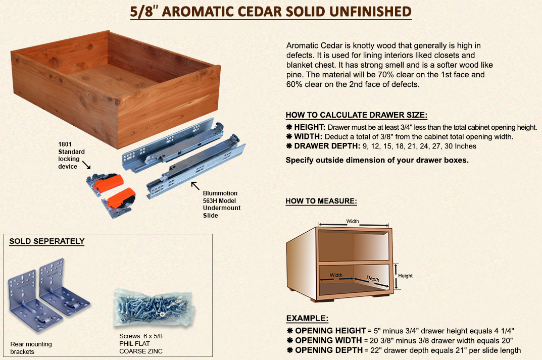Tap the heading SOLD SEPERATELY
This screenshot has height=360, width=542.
click(x=47, y=241)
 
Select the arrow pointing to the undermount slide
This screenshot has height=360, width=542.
click(x=195, y=185)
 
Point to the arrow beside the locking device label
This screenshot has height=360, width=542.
click(x=86, y=165)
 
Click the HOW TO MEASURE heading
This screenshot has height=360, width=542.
click(x=321, y=201)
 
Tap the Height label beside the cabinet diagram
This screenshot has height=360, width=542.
click(x=405, y=276)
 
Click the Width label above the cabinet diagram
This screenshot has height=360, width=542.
click(x=353, y=221)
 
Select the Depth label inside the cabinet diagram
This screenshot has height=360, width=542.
click(x=373, y=279)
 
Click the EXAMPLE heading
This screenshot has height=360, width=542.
click(x=307, y=318)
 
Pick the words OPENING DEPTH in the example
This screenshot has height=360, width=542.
click(x=329, y=350)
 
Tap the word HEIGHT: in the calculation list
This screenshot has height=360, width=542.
click(x=310, y=127)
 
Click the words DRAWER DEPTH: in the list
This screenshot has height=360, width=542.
click(x=327, y=146)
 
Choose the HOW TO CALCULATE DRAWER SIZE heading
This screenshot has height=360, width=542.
click(x=357, y=115)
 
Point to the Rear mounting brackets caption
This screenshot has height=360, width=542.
click(x=31, y=348)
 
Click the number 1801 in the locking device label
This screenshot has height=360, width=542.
click(x=65, y=144)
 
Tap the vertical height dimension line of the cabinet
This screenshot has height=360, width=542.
click(x=396, y=276)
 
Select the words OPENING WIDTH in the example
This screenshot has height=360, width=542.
click(x=328, y=340)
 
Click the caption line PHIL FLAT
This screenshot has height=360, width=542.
click(x=134, y=343)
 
